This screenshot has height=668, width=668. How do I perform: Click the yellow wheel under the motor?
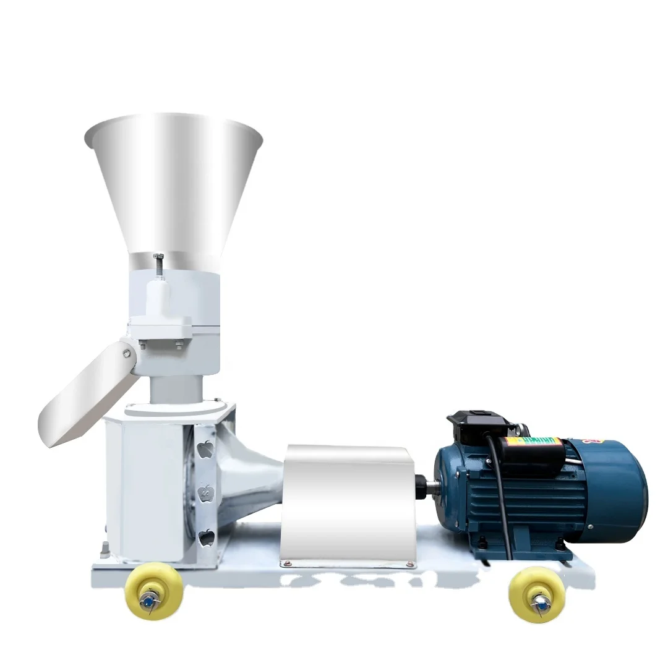537,594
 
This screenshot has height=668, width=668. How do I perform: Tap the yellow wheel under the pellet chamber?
153,594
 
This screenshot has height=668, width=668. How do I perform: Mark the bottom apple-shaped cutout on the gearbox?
206,537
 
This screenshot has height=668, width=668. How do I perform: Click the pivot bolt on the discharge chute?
127,353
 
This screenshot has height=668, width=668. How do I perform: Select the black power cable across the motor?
502,495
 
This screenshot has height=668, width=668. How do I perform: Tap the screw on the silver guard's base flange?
285,563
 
